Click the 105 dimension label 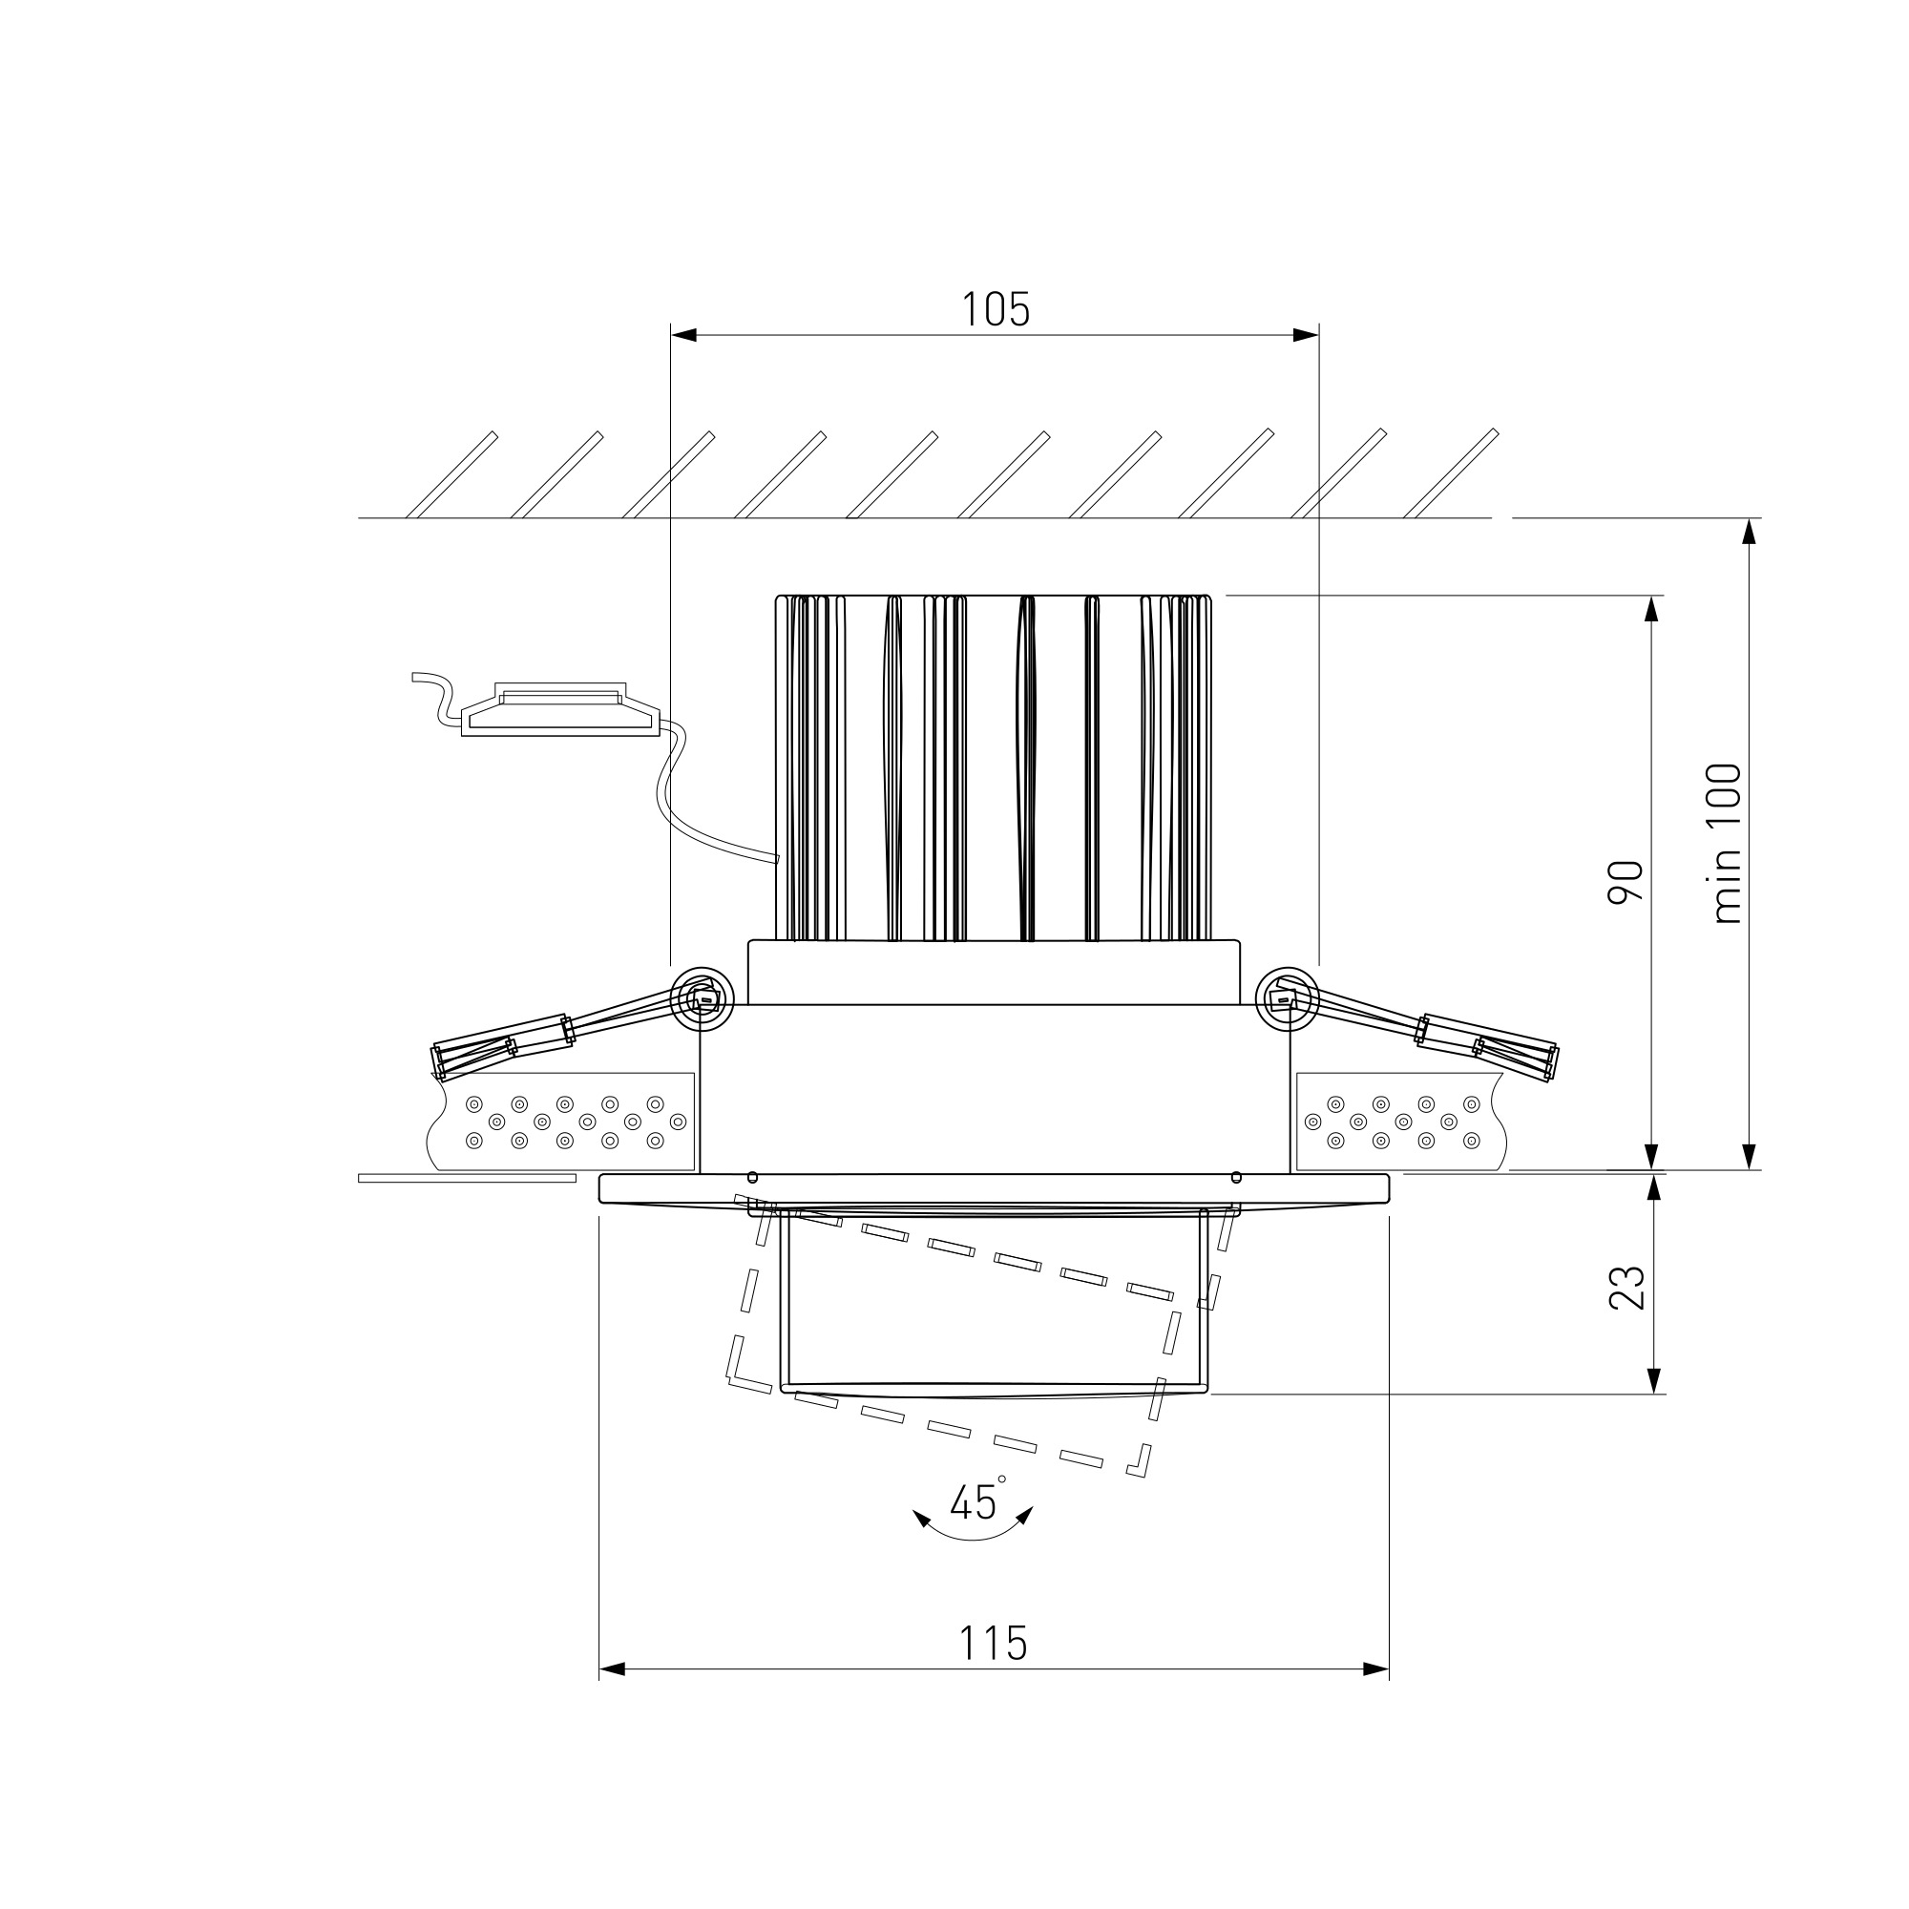[995, 309]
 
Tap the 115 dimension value [993, 1644]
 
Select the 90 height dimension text [1625, 881]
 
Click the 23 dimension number [1626, 1288]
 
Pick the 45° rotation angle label [975, 1501]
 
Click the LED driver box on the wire [560, 710]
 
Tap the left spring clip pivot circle [702, 999]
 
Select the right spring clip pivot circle [1288, 999]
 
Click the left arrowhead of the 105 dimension [683, 335]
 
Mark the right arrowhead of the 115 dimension [1375, 1668]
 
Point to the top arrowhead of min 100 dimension [1749, 532]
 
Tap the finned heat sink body [994, 767]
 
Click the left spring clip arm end [440, 1062]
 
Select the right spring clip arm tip [1550, 1062]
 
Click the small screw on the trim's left [753, 1177]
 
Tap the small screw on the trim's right [1236, 1177]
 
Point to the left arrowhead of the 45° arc [921, 1519]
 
